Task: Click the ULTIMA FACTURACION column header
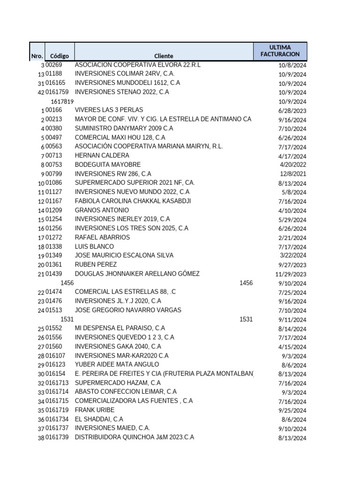(280, 51)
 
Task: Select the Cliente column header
(164, 56)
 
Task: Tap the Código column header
(60, 56)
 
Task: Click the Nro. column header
(37, 56)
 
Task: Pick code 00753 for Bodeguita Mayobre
(54, 165)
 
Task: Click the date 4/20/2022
(293, 165)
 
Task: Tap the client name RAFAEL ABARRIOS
(102, 238)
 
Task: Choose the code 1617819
(62, 101)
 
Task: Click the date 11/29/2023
(291, 274)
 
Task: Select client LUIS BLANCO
(94, 247)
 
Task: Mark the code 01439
(54, 274)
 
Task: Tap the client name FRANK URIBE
(94, 410)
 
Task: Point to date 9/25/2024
(293, 411)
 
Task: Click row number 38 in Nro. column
(41, 438)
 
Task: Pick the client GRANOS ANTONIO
(102, 210)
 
